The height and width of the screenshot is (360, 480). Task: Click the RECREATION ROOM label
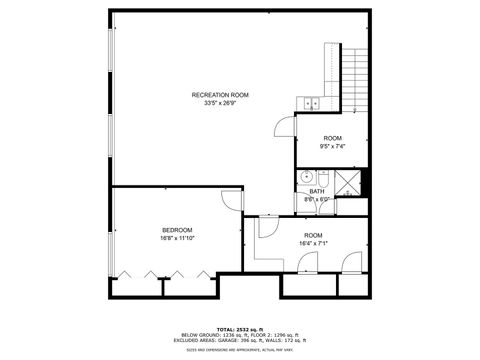[220, 95]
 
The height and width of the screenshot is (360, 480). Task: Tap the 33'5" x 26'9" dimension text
[220, 103]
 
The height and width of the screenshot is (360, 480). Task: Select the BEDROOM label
[177, 231]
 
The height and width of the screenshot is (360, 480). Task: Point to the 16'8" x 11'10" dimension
[177, 239]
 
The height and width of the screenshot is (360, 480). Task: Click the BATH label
[316, 191]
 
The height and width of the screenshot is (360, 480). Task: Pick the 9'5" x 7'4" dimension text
[333, 146]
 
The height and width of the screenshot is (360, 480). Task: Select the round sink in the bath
[308, 178]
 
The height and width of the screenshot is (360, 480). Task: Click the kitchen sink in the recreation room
[309, 102]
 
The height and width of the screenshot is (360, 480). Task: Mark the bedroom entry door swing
[232, 199]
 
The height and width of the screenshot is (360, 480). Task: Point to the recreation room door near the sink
[285, 125]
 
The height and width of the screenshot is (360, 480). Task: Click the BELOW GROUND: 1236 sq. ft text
[213, 334]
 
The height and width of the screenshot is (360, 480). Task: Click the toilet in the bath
[325, 200]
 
